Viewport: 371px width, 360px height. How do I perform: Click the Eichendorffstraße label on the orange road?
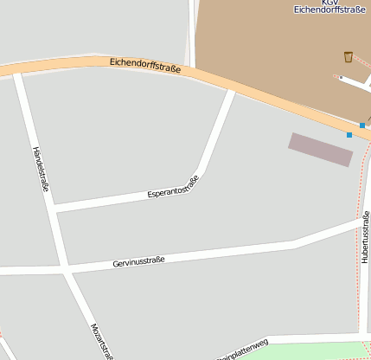click(145, 65)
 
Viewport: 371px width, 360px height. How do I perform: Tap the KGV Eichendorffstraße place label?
click(326, 8)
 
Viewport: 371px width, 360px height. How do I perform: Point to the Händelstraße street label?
click(41, 168)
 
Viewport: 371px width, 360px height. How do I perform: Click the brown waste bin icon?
click(348, 57)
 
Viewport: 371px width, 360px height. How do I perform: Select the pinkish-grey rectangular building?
click(321, 149)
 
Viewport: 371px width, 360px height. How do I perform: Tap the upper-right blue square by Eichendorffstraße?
click(362, 125)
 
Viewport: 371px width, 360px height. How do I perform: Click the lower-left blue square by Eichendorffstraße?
click(349, 135)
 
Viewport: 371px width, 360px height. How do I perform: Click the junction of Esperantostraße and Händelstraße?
click(53, 209)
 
